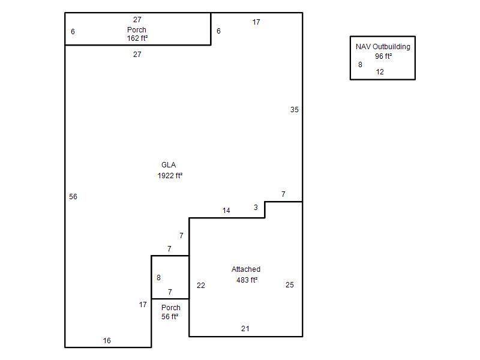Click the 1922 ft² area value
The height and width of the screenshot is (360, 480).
(x=170, y=175)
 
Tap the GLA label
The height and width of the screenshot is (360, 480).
(x=169, y=165)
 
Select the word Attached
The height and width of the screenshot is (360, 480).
(x=246, y=269)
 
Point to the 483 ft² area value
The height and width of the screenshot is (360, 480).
(x=247, y=280)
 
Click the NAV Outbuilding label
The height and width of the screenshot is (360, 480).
(x=383, y=47)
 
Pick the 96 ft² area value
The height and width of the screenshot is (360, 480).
(x=383, y=56)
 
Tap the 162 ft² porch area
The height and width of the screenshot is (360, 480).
(x=137, y=38)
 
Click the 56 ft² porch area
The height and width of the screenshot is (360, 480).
(x=170, y=317)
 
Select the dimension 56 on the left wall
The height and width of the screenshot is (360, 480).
(x=73, y=197)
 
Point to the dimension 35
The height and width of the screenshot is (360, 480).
(x=295, y=110)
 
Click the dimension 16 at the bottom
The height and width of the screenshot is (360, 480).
(x=107, y=341)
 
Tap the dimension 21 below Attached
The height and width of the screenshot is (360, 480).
(x=245, y=329)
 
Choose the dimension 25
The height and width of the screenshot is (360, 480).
(x=290, y=285)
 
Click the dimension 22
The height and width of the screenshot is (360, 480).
(x=201, y=286)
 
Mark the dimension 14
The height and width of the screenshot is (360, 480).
(x=226, y=211)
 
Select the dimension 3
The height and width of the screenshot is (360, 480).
(x=256, y=208)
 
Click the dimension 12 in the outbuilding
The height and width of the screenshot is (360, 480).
(x=380, y=72)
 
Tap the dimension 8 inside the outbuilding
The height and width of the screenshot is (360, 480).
(x=361, y=65)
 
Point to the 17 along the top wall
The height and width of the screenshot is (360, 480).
(x=256, y=22)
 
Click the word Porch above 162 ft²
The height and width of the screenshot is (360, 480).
(x=137, y=29)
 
